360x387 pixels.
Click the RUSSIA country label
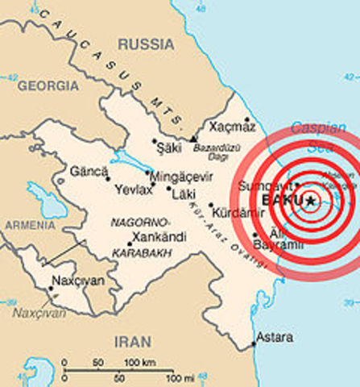point(147,44)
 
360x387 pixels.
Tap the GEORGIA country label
point(48,85)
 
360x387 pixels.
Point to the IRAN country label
point(132,341)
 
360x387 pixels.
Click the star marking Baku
point(310,201)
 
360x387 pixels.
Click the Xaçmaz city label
point(231,127)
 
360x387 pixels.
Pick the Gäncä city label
point(90,172)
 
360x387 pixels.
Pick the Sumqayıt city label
point(257,185)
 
